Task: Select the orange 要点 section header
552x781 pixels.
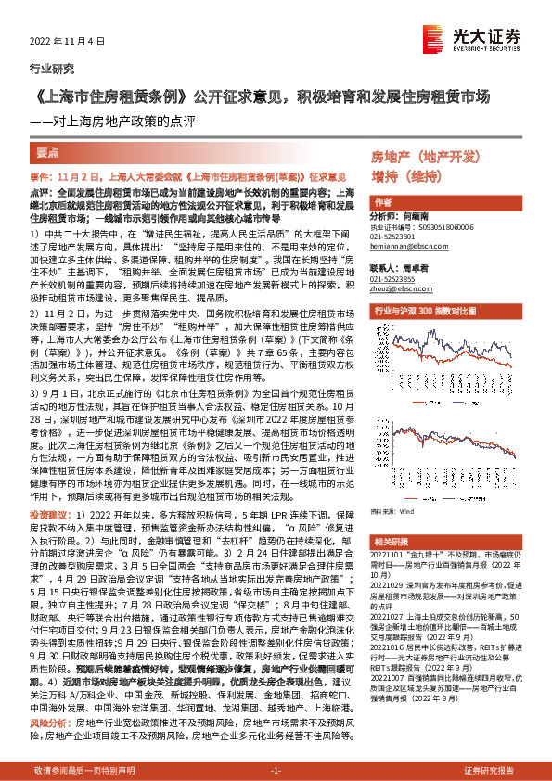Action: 47,152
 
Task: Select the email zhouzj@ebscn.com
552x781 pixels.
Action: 400,288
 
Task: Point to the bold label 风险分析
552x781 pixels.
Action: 51,695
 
